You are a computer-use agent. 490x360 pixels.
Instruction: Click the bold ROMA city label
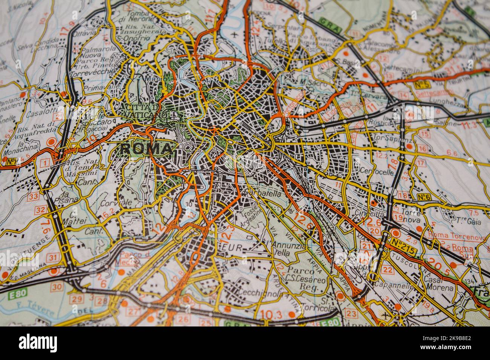(146, 149)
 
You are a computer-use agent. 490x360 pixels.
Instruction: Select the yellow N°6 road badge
(424, 197)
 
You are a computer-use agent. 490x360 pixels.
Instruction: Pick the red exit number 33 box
(34, 196)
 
